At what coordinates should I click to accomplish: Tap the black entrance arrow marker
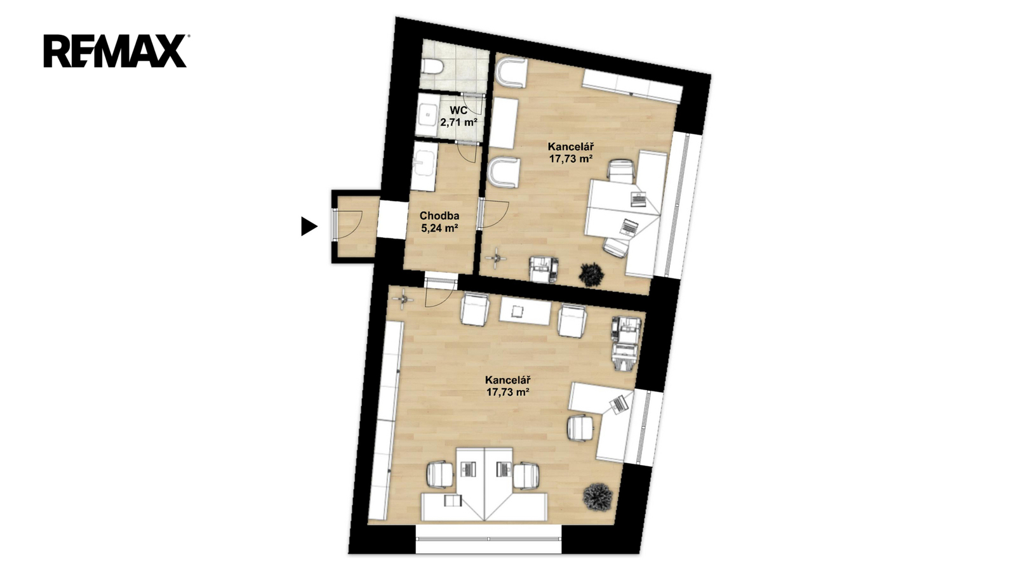tap(309, 226)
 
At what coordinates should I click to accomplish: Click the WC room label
tap(458, 110)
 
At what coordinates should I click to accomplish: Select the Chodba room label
tap(439, 216)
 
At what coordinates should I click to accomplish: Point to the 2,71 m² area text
tap(458, 122)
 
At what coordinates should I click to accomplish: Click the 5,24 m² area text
tap(439, 228)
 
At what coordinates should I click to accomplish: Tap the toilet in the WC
tap(431, 67)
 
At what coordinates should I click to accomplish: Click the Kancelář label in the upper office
tap(571, 147)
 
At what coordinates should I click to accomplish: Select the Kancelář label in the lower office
tap(508, 380)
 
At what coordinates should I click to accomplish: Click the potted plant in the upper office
tap(591, 274)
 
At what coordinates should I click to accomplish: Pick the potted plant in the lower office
tap(598, 497)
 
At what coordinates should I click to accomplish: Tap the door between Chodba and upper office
tap(492, 214)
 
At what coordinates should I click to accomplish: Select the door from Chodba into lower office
tap(440, 292)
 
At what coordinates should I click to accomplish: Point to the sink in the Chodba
tap(424, 166)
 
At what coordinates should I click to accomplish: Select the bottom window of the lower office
tap(488, 539)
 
